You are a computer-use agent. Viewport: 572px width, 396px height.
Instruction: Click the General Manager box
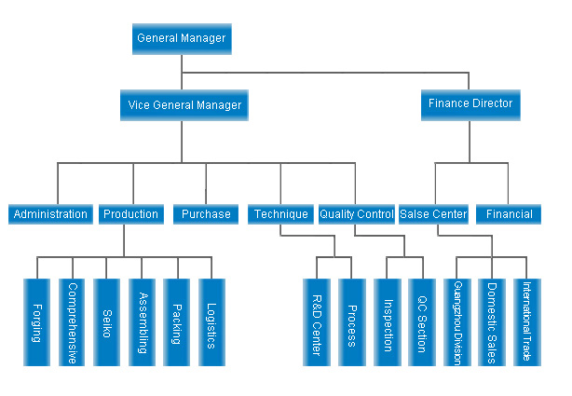(182, 39)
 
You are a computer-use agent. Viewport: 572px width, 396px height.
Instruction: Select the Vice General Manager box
(184, 105)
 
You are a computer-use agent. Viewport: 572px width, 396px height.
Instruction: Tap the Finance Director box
(470, 105)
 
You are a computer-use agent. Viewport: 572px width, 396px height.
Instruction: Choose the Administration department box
(50, 214)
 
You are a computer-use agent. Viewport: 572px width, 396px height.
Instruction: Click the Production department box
(131, 214)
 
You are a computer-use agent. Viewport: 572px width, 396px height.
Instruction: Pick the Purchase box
(206, 214)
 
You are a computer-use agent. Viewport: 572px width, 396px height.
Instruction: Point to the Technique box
(280, 214)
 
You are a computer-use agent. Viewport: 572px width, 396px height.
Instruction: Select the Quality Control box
(357, 214)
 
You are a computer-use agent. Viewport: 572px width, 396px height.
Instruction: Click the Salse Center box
(433, 214)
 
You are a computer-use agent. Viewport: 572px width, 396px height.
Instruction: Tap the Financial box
(509, 214)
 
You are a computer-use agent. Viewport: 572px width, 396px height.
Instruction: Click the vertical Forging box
(37, 322)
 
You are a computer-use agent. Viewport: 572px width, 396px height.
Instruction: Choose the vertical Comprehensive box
(72, 322)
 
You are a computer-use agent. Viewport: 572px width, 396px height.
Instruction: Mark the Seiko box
(106, 322)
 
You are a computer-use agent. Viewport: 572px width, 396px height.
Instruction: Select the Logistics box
(212, 322)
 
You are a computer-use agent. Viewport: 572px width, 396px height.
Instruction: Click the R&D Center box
(317, 322)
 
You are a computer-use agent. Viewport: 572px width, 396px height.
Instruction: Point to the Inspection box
(388, 322)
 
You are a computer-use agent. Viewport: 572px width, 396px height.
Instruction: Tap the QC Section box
(422, 322)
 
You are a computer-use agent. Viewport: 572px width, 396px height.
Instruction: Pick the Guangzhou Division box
(457, 322)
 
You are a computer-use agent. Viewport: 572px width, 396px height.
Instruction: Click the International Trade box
(527, 322)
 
